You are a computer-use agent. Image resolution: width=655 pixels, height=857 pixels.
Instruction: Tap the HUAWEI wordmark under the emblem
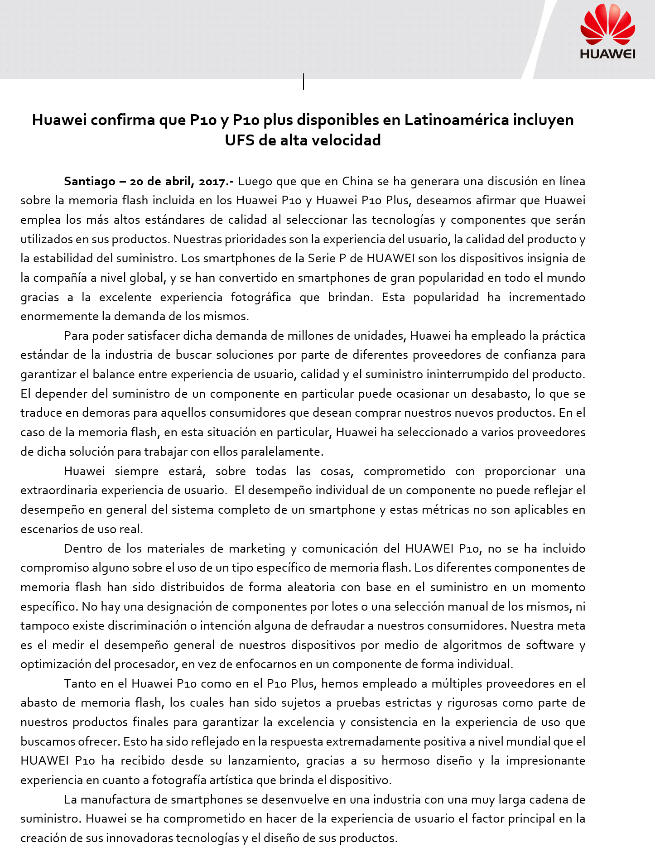(x=607, y=54)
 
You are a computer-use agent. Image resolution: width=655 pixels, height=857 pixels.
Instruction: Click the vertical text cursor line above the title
(x=303, y=82)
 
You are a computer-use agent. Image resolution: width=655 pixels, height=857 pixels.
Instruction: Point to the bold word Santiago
(x=90, y=182)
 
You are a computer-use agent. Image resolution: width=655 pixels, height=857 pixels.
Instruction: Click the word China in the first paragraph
(x=357, y=182)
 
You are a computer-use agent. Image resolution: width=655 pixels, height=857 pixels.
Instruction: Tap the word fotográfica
(x=260, y=298)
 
